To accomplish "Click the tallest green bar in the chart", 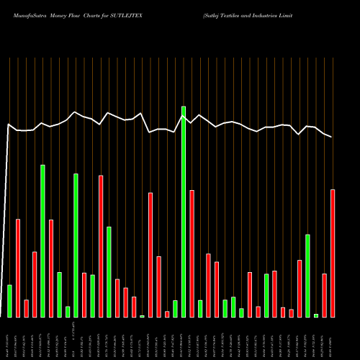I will [x=184, y=212].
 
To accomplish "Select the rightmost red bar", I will [x=333, y=253].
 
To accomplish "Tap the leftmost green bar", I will [x=9, y=301].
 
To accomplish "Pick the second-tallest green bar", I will [x=42, y=241].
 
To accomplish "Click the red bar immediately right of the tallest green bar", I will [x=192, y=253].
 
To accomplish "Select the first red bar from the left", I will [x=18, y=268].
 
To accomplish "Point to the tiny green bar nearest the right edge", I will [x=316, y=315].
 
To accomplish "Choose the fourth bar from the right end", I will [x=307, y=276].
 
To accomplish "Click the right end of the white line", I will [x=332, y=137].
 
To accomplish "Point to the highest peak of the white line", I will [x=183, y=107].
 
